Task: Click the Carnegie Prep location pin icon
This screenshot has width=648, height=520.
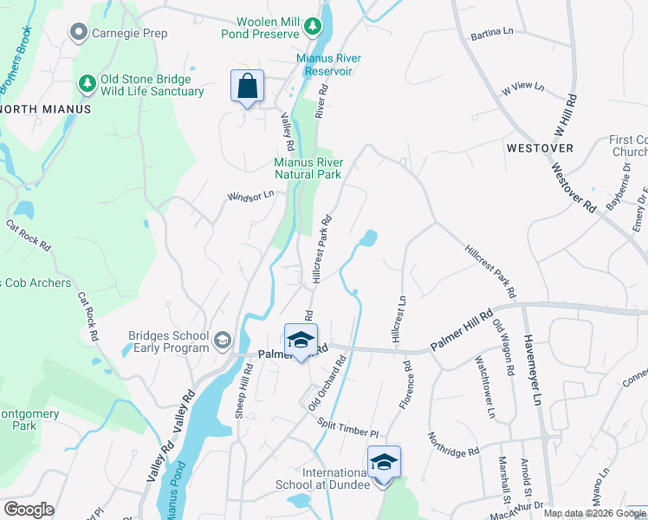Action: pos(78,33)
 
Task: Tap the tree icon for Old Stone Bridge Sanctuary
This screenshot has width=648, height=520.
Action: pos(87,83)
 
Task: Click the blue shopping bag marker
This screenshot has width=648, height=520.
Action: pos(247,87)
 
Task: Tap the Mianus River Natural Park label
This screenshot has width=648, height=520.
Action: pos(309,168)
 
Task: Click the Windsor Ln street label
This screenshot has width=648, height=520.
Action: pos(250,197)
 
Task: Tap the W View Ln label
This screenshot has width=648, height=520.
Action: pos(522,88)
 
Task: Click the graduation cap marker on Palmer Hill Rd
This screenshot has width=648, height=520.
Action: pos(301,341)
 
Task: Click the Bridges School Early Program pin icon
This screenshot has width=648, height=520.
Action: pos(224,339)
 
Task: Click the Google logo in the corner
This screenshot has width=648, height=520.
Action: pos(29,510)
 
